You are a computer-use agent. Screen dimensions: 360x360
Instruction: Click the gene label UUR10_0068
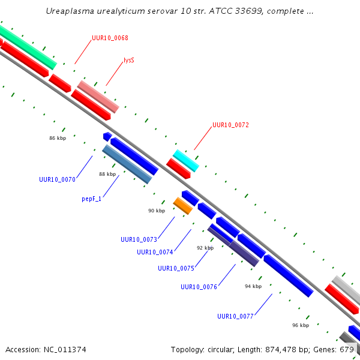(x=110, y=38)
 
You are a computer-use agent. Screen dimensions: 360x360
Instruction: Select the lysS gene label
(x=129, y=60)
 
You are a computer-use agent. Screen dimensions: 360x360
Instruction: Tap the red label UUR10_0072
(x=230, y=125)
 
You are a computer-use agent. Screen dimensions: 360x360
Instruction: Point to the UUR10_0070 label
(x=57, y=179)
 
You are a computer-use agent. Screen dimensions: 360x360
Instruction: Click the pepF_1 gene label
(x=91, y=199)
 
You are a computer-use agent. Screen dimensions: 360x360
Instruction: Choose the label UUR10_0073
(x=139, y=239)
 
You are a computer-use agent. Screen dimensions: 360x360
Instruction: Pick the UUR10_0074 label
(x=155, y=252)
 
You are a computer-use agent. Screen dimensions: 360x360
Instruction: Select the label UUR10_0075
(x=176, y=268)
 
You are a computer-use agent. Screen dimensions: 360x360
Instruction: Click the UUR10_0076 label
(x=199, y=287)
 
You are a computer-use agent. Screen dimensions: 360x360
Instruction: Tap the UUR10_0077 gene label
(x=235, y=316)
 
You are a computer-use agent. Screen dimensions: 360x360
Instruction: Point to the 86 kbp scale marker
(x=58, y=138)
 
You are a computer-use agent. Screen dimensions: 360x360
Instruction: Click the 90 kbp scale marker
(x=157, y=211)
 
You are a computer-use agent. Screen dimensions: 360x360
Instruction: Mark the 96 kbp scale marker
(x=301, y=325)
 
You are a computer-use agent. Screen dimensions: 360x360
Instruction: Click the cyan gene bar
(x=186, y=161)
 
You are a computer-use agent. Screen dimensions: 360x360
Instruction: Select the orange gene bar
(x=183, y=206)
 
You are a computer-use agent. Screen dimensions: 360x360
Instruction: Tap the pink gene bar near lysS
(x=98, y=97)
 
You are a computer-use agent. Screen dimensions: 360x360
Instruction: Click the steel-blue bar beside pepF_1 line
(x=127, y=164)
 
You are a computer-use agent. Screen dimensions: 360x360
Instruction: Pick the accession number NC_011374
(x=65, y=350)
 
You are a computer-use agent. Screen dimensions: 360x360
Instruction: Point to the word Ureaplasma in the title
(x=70, y=11)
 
